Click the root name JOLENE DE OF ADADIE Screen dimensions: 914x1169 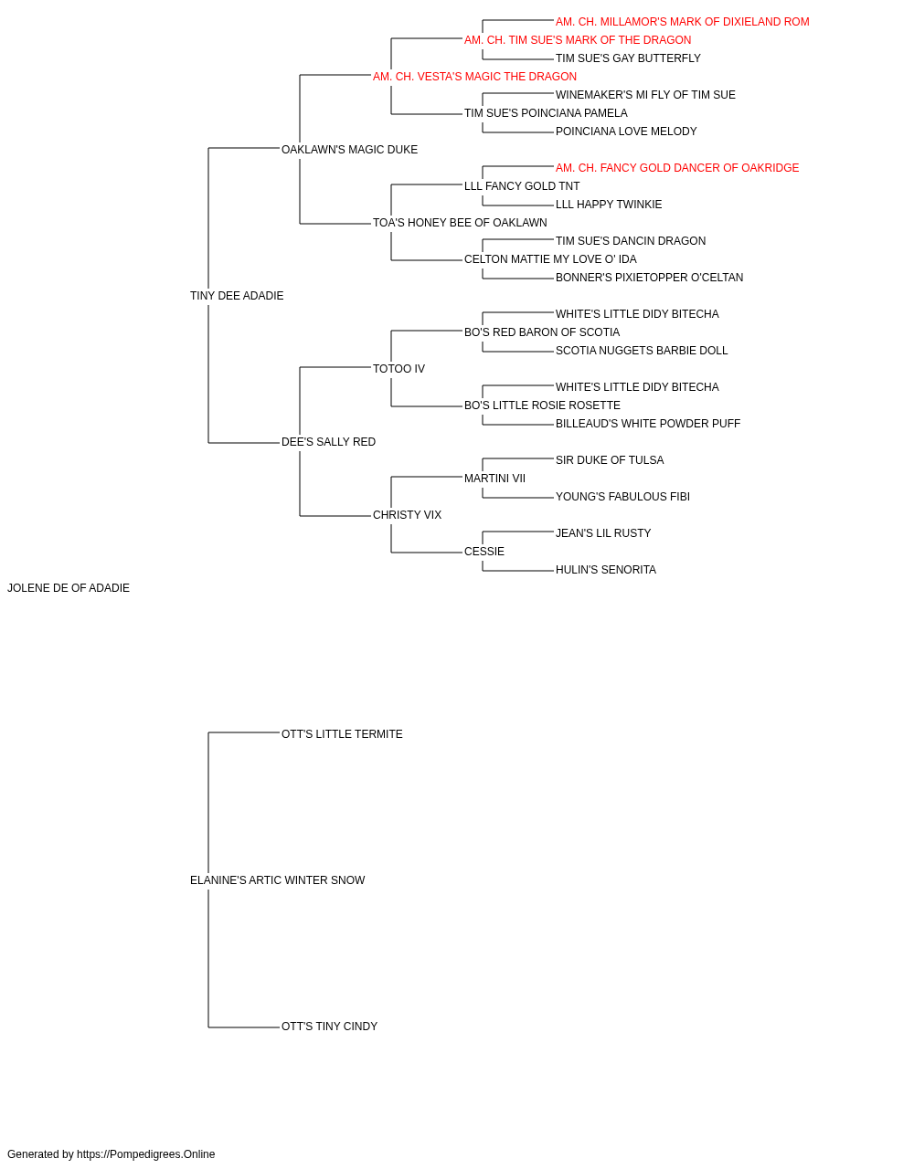pos(69,588)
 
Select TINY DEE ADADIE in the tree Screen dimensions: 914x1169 pos(237,296)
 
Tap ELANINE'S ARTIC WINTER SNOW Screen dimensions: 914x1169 pos(277,880)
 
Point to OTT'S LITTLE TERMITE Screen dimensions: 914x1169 pos(342,734)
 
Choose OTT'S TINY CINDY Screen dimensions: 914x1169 pos(329,1027)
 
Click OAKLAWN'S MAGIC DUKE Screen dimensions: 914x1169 pos(349,150)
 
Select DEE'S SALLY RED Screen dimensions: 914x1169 pos(328,442)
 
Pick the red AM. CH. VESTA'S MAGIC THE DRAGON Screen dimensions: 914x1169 pos(474,77)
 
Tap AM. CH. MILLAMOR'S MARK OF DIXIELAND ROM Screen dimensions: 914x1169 pos(682,22)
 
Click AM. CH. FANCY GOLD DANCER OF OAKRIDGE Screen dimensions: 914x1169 pos(677,168)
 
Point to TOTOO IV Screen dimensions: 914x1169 pos(399,369)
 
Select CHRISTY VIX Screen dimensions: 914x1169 pos(407,515)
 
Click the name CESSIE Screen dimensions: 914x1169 pos(484,552)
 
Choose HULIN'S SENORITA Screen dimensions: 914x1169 pos(606,570)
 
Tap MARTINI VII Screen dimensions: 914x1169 pos(494,479)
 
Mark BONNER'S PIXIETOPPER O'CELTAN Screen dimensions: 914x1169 pos(649,278)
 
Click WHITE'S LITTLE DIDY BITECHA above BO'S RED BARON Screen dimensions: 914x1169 pos(637,314)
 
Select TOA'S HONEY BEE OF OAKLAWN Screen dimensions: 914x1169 pos(460,223)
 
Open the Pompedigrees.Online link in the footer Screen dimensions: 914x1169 pos(145,1154)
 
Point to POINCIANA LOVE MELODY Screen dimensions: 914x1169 pos(626,132)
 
